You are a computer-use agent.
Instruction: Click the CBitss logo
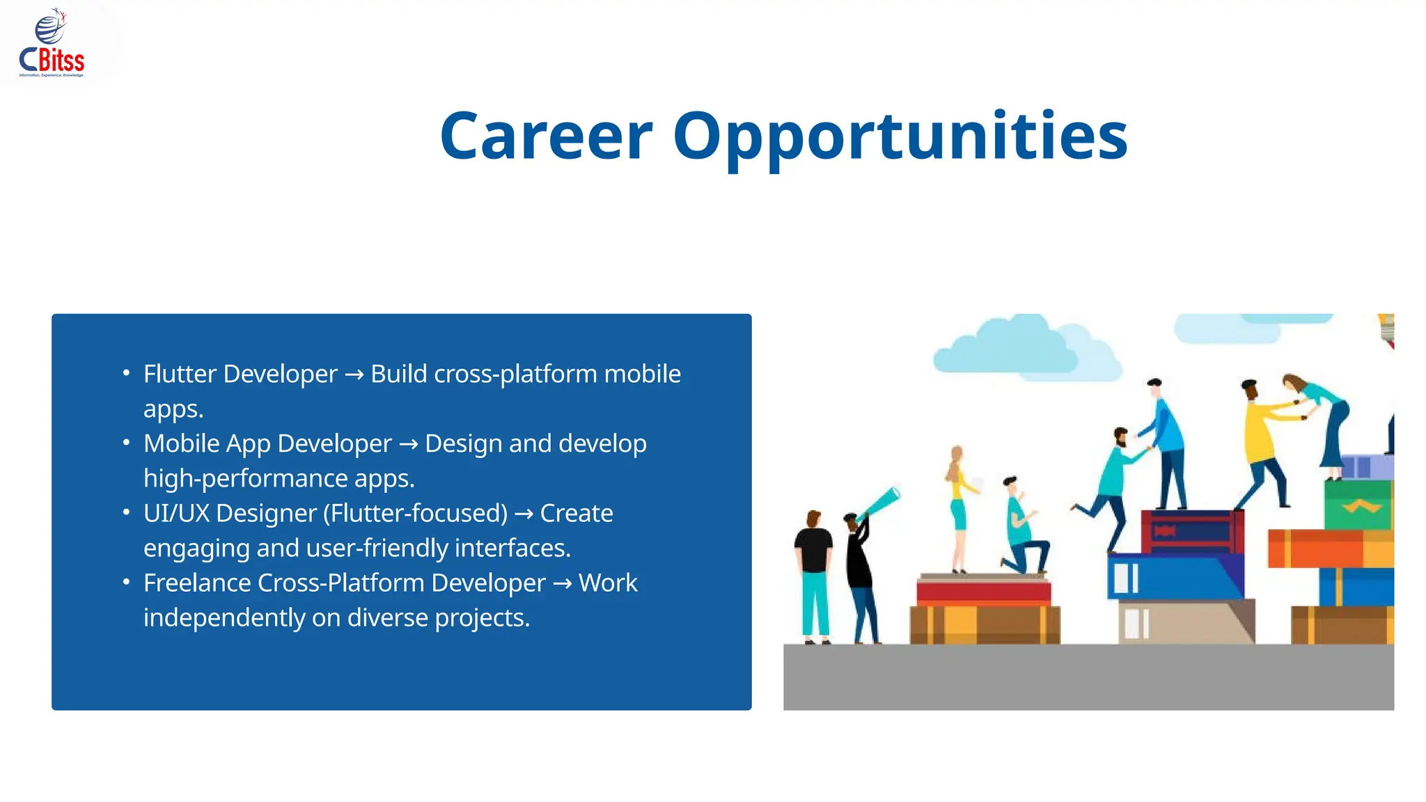click(x=52, y=44)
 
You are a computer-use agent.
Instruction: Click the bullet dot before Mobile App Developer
click(x=126, y=443)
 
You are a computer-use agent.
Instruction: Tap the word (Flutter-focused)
click(x=416, y=513)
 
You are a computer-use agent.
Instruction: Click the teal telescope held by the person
click(x=879, y=503)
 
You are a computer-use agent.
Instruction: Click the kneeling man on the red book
click(x=1024, y=529)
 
